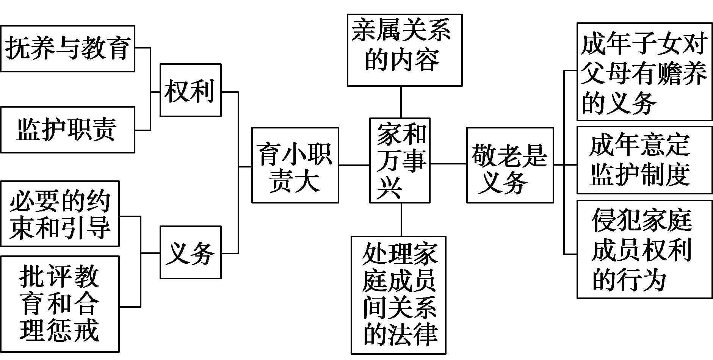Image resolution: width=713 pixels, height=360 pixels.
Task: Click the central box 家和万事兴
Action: (400, 160)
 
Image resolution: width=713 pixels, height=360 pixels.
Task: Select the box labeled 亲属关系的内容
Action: (404, 50)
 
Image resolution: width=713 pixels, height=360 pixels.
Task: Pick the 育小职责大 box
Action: (295, 165)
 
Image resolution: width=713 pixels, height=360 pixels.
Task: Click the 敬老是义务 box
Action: (509, 165)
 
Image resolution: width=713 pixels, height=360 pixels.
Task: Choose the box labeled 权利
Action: (190, 90)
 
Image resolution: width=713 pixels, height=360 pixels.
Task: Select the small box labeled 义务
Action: (190, 252)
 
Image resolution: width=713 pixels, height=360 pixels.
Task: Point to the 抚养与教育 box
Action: (67, 49)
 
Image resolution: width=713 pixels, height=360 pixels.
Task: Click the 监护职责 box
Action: (67, 130)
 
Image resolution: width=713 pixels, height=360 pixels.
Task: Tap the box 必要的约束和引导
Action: (60, 214)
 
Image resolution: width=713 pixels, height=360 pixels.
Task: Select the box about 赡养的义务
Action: (644, 72)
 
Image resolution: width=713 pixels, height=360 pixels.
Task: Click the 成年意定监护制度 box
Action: (644, 160)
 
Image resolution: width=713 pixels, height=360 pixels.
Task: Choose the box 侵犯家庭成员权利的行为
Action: (644, 249)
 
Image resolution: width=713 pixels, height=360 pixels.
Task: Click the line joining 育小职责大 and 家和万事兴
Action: (354, 165)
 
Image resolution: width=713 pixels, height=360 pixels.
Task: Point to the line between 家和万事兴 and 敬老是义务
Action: (448, 164)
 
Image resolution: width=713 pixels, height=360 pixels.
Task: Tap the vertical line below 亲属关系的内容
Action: (401, 102)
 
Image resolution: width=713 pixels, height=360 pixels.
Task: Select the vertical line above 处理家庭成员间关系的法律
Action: (401, 219)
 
